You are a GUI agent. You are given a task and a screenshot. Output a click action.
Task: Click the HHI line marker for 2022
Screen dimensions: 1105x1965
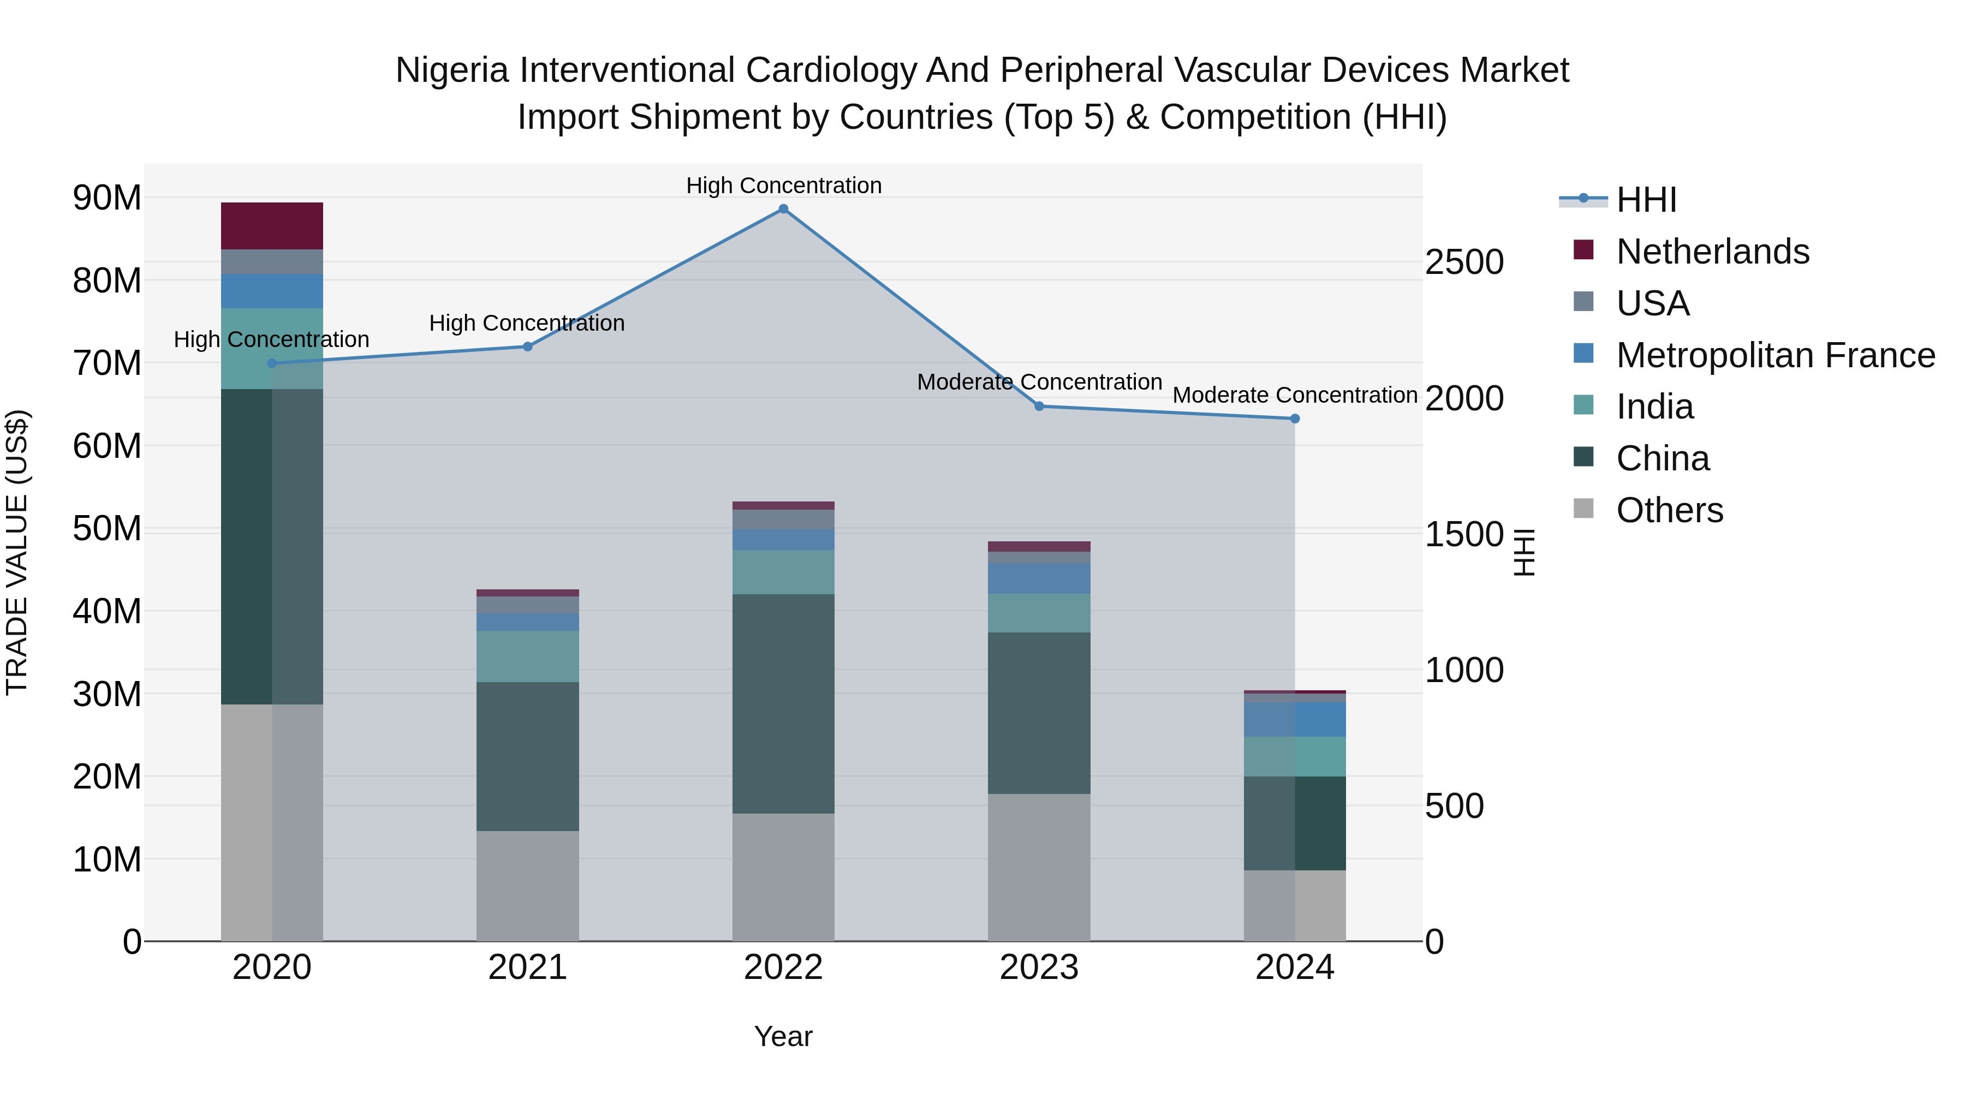(x=783, y=209)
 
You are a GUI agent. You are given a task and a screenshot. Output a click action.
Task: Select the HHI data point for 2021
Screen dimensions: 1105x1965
(x=527, y=346)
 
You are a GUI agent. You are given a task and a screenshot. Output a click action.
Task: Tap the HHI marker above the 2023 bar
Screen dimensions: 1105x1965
(x=1039, y=407)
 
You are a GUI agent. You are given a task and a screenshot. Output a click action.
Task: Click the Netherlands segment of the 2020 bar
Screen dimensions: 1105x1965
(x=272, y=226)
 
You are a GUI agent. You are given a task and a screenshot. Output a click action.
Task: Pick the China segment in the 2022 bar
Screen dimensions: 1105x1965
(x=783, y=703)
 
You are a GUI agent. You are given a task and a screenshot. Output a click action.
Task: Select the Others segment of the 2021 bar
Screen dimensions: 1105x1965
(x=527, y=886)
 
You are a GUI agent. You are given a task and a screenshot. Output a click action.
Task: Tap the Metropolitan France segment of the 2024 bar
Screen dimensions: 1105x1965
(x=1295, y=719)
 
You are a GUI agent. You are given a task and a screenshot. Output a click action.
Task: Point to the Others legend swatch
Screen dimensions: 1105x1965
(x=1583, y=509)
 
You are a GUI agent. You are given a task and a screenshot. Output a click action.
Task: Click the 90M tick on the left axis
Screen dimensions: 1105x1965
(x=107, y=198)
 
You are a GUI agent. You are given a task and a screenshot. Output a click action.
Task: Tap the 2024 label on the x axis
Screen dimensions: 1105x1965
(x=1295, y=967)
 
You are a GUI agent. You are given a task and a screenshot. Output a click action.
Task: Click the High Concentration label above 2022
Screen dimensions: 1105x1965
(x=783, y=186)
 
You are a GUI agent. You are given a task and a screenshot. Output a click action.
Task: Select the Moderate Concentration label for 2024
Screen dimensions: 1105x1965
(x=1295, y=395)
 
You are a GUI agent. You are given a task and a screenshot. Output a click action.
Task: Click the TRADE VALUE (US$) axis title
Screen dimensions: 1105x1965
(x=17, y=552)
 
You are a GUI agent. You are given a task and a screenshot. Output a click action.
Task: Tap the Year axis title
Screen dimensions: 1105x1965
(x=783, y=1036)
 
